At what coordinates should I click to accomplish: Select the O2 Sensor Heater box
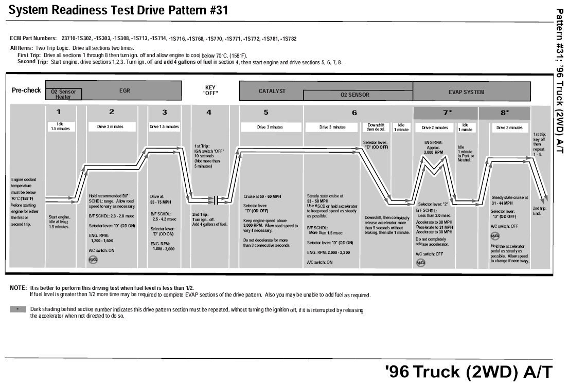[x=63, y=94]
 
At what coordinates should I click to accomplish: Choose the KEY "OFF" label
[x=210, y=90]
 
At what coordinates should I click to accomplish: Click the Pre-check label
[x=26, y=90]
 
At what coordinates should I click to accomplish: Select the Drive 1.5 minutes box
[x=165, y=126]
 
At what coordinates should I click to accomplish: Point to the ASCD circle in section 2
[x=93, y=259]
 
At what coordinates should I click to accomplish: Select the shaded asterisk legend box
[x=17, y=310]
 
